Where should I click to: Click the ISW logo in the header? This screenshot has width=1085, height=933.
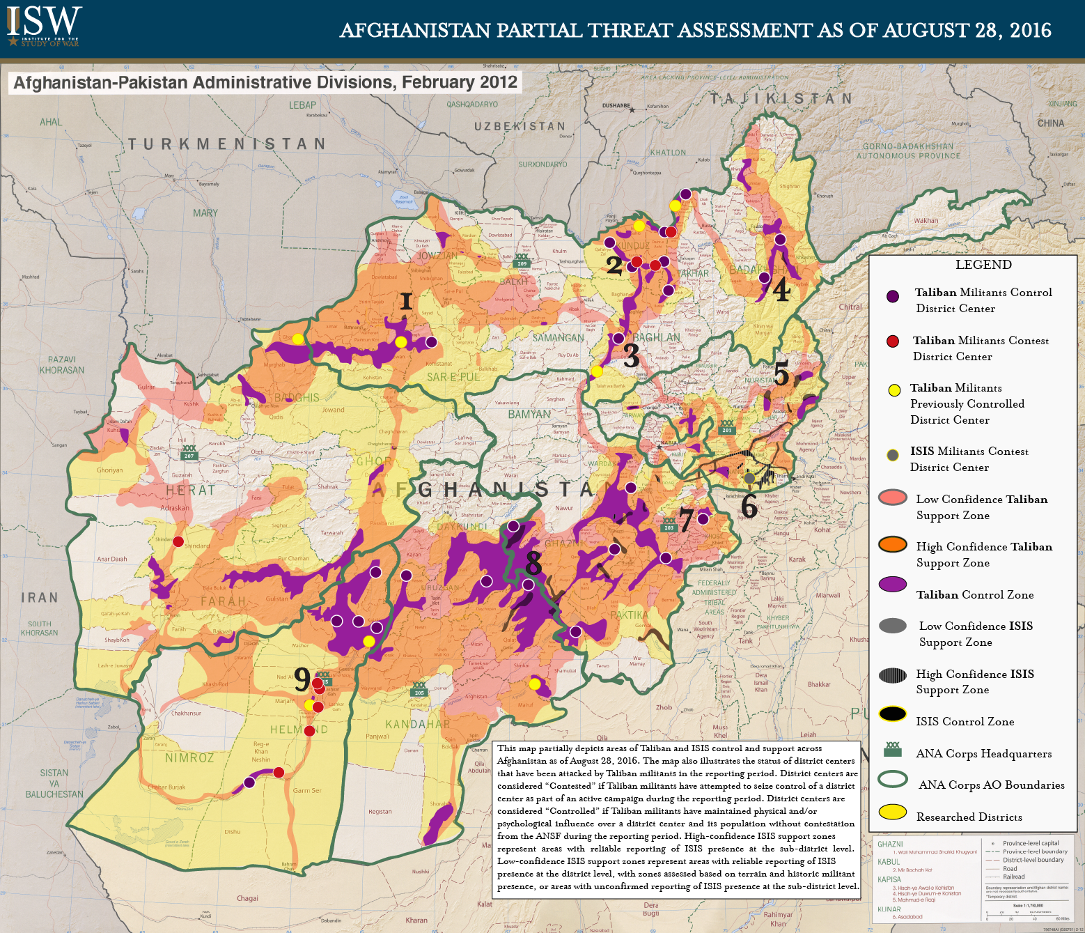click(x=43, y=26)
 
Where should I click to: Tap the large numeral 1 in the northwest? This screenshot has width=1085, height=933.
click(x=406, y=301)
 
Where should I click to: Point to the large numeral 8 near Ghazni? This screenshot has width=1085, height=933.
click(x=533, y=561)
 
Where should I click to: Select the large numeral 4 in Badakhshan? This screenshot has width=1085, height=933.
click(x=781, y=290)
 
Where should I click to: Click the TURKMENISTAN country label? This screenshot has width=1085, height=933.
click(x=226, y=144)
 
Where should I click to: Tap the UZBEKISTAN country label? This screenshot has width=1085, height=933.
click(x=520, y=126)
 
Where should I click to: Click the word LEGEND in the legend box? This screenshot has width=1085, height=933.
click(x=983, y=265)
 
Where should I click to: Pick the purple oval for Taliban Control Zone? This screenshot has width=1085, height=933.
click(x=893, y=585)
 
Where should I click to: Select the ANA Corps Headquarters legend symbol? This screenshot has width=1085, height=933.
click(x=893, y=750)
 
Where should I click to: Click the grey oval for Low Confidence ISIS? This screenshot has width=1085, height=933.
click(x=893, y=626)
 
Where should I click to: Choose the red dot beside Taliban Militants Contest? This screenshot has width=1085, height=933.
click(x=893, y=341)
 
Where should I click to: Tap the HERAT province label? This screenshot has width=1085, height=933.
click(x=190, y=491)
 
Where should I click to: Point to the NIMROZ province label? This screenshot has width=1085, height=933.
click(x=189, y=757)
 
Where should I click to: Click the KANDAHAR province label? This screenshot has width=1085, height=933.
click(x=418, y=724)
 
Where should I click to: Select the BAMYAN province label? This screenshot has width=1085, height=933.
click(x=529, y=414)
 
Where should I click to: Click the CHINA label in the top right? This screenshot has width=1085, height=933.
click(x=1050, y=123)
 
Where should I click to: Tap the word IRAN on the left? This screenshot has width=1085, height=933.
click(x=40, y=598)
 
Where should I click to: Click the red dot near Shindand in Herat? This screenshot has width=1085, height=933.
click(x=178, y=541)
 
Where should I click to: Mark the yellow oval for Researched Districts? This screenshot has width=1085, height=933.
click(x=893, y=812)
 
